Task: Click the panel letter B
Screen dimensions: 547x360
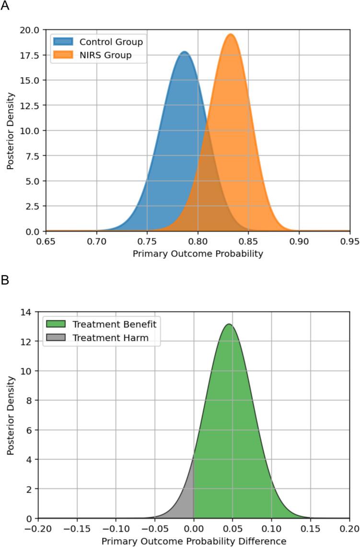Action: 5,279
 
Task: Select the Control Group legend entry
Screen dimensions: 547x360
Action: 111,42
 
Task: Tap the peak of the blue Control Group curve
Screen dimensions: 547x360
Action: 185,52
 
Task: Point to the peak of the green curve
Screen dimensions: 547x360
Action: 229,325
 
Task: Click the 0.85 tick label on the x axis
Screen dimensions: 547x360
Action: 248,240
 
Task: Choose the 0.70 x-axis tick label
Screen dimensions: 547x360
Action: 96,240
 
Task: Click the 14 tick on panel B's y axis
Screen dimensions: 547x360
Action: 28,312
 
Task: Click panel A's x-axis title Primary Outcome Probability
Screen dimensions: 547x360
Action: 198,253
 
